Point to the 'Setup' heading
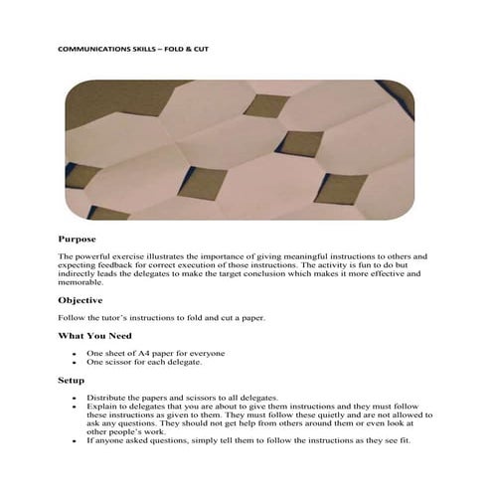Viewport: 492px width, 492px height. [x=71, y=380]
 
